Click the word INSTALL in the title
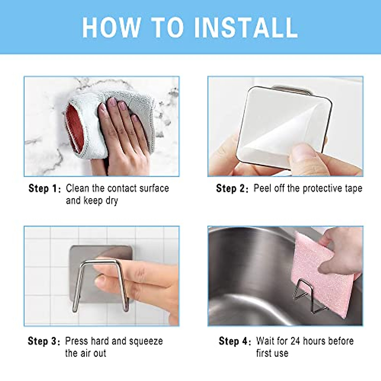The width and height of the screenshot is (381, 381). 246,28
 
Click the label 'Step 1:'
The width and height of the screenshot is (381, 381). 44,188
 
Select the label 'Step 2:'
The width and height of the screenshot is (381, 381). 232,188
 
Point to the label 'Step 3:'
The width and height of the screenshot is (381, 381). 44,341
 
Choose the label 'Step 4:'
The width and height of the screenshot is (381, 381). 235,341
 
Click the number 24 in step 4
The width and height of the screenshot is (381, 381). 295,341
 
